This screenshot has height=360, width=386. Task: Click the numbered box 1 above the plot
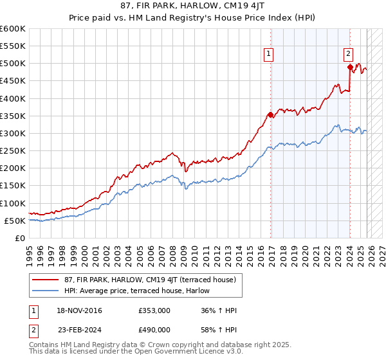[268, 55]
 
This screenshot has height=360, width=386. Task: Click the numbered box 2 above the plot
[347, 55]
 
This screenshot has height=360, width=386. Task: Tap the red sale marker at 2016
[270, 115]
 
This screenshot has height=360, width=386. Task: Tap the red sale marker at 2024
[349, 67]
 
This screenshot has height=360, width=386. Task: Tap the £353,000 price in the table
[154, 310]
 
